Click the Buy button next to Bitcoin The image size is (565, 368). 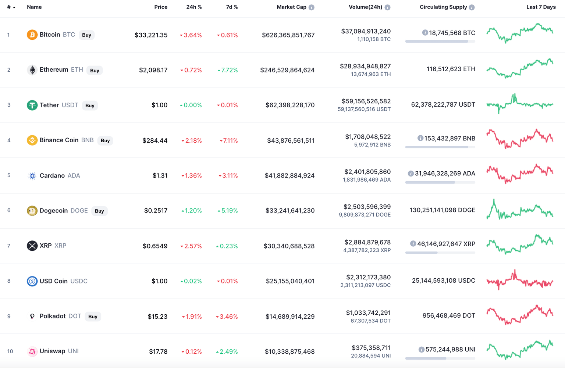tap(86, 35)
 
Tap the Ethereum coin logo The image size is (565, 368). tap(32, 70)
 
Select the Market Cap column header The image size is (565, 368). tap(291, 7)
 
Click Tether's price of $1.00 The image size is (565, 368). tap(159, 105)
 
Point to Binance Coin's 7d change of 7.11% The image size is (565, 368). tap(228, 140)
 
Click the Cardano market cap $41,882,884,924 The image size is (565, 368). tap(289, 175)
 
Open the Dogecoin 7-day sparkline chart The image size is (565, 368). tap(519, 210)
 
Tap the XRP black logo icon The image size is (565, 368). tap(32, 246)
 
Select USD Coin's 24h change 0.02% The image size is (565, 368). tap(191, 281)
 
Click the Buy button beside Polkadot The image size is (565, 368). tap(93, 317)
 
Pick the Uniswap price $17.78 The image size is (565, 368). tap(158, 351)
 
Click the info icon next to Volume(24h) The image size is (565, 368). tap(387, 7)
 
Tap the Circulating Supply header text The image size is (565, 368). tap(443, 7)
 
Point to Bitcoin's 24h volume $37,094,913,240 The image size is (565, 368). tap(366, 31)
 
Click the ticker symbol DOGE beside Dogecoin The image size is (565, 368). tap(79, 211)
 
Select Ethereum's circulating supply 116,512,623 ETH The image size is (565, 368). tap(451, 69)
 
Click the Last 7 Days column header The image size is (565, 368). tap(541, 7)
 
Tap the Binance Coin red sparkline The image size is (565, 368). tap(519, 139)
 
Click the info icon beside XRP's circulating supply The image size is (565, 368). tap(413, 244)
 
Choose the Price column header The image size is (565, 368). tap(161, 7)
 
